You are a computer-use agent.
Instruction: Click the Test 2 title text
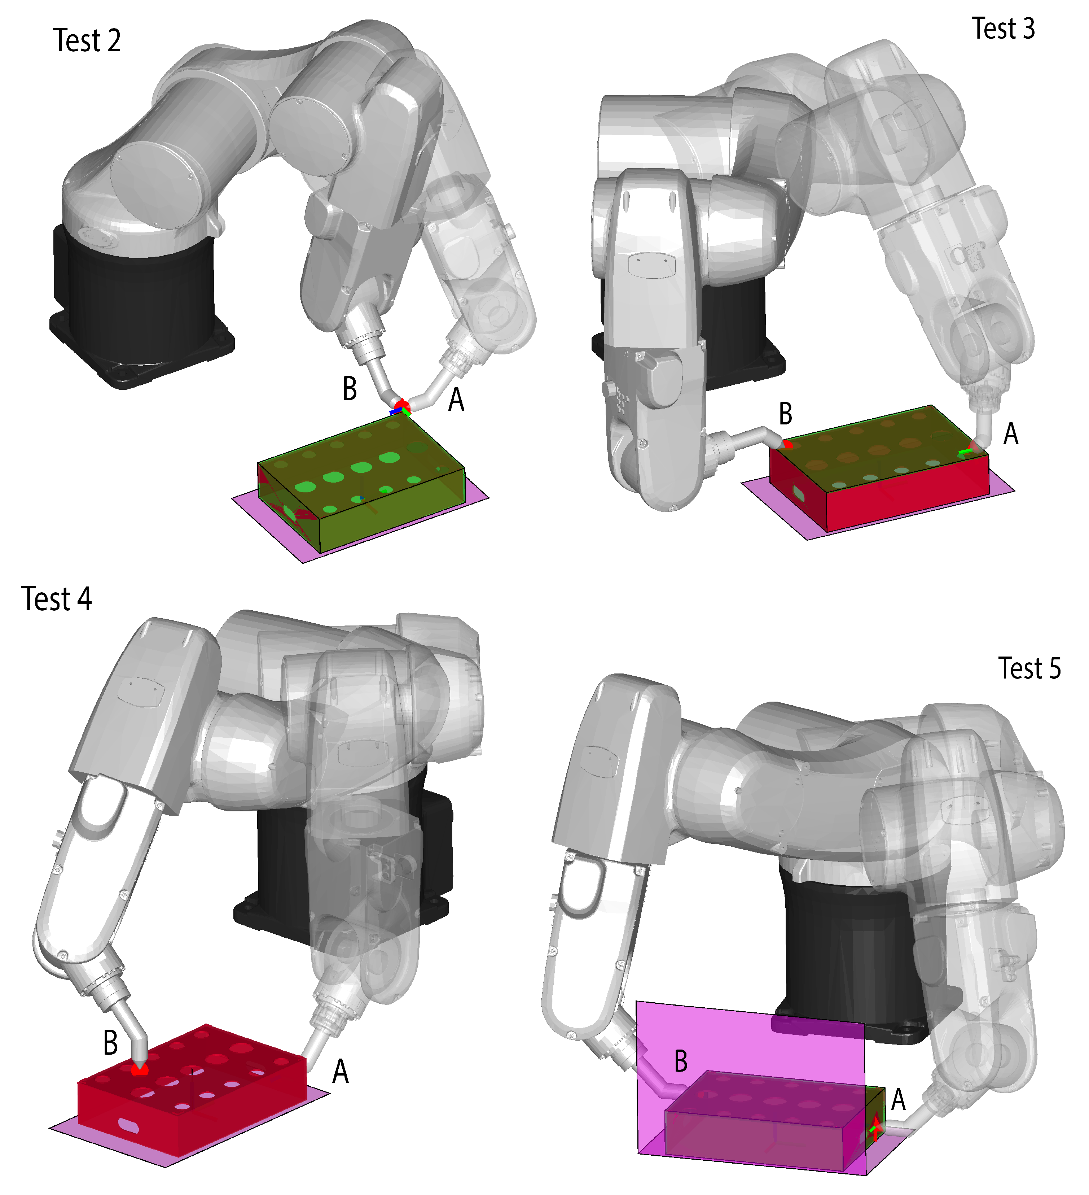click(x=87, y=41)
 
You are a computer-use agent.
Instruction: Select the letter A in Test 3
click(x=1011, y=434)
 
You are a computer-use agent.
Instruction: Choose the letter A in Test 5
click(x=898, y=1100)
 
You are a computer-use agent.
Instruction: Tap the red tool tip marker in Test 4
click(x=140, y=1070)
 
